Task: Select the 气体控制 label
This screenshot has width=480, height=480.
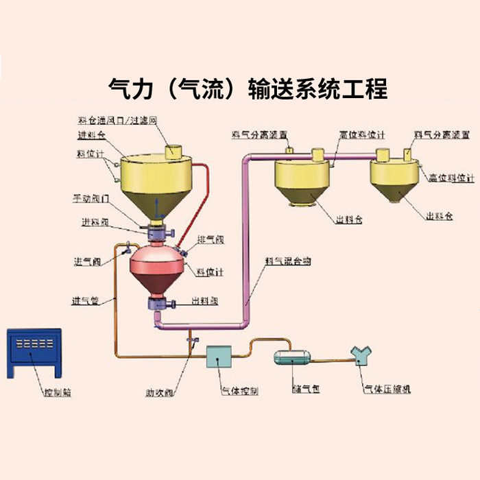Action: (239, 392)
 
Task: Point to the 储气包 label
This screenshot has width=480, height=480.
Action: (306, 389)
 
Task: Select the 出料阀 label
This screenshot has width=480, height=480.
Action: (204, 300)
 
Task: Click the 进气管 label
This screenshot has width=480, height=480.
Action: (85, 300)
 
